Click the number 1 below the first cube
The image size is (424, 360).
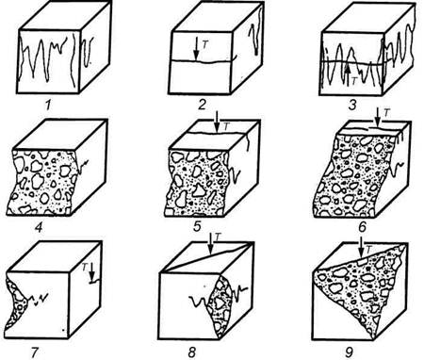point(48,105)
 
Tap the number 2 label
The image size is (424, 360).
point(202,105)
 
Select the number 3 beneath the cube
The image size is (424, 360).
point(352,105)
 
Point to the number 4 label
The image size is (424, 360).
point(39,227)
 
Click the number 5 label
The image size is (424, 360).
point(197,226)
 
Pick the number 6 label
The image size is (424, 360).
point(362,227)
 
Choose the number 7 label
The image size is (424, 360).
point(35,352)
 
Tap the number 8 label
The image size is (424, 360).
point(192,352)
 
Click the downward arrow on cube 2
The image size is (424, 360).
point(196,49)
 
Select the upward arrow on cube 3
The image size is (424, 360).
point(349,74)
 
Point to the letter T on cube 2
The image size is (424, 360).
point(205,44)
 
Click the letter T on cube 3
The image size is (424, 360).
point(354,81)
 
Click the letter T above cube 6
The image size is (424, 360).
point(386,113)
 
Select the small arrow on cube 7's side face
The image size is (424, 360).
point(92,273)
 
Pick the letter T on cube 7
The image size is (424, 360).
point(85,267)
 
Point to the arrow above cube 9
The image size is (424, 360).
point(361,247)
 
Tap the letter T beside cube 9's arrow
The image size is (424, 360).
point(369,249)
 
